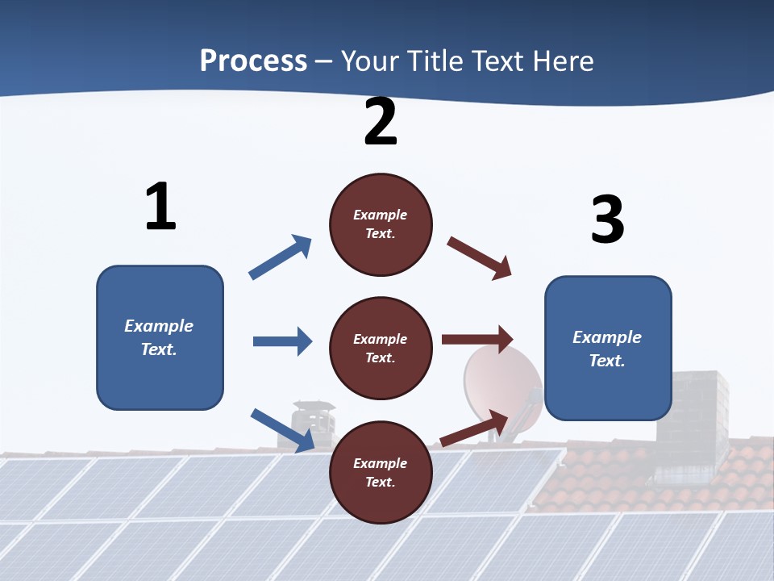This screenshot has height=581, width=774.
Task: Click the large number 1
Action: tap(160, 207)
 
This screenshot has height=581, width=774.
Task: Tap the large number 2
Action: tap(381, 122)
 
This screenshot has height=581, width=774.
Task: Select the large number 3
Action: tap(607, 219)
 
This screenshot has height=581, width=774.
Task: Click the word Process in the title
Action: tap(253, 61)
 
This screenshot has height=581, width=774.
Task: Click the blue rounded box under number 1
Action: tap(160, 337)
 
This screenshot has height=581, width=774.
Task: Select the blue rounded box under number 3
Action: tap(608, 348)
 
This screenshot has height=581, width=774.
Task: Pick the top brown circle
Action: tap(381, 224)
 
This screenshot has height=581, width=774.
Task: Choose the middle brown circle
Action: tap(381, 348)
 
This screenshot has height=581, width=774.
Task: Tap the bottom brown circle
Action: tap(381, 472)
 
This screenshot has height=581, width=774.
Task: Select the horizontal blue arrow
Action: tap(283, 341)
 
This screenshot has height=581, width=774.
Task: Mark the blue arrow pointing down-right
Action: tap(283, 430)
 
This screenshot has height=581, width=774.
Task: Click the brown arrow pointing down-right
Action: tap(480, 258)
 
